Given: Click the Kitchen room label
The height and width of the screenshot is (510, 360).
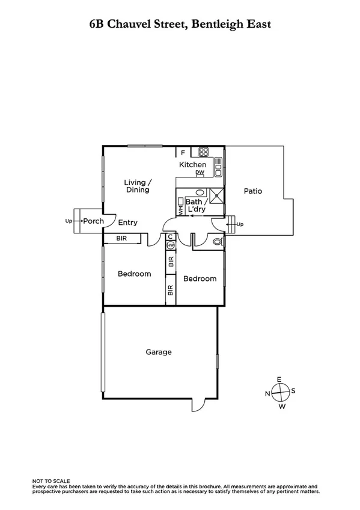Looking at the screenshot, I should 193,164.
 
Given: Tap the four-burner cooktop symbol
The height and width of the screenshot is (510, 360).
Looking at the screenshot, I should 204,152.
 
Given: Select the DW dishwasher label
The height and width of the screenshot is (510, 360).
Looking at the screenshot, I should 200,173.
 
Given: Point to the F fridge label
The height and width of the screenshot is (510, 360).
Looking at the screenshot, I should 183,153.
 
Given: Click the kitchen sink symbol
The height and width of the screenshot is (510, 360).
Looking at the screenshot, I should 219,163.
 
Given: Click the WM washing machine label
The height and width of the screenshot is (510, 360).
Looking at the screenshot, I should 180,210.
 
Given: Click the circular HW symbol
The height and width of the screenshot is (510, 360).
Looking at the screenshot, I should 171,245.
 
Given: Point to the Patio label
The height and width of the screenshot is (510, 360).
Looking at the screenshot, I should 253,191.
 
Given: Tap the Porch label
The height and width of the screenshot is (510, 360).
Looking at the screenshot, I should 93,221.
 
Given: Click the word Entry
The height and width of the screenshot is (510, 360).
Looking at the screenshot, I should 127,223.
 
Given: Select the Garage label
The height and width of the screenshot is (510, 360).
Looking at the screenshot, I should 159,352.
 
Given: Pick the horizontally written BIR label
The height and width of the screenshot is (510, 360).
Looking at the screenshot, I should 121,239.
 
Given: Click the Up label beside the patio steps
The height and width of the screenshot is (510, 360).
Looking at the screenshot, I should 241,224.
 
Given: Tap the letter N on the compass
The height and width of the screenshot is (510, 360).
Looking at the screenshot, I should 267,393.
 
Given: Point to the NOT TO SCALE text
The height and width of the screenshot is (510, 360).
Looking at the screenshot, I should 51,481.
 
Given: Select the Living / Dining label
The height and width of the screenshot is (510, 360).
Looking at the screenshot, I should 137,186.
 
